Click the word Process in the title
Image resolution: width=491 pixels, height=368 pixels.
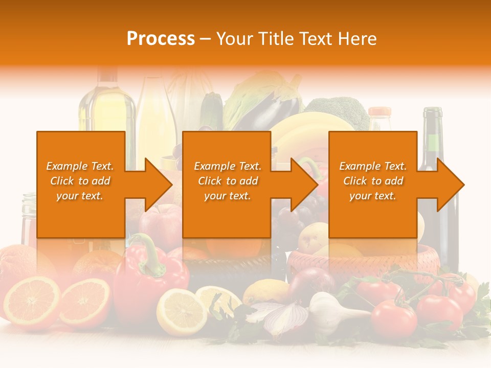tap(161, 38)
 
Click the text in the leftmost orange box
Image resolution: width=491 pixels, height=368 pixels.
tap(80, 181)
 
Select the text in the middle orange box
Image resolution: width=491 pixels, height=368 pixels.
tap(228, 181)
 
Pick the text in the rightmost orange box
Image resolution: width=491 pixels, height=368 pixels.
tap(373, 181)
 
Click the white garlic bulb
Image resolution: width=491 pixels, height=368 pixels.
tap(328, 312)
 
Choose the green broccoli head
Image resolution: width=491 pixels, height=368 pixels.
tap(338, 110)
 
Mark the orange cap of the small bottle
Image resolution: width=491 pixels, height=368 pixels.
tap(380, 111)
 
